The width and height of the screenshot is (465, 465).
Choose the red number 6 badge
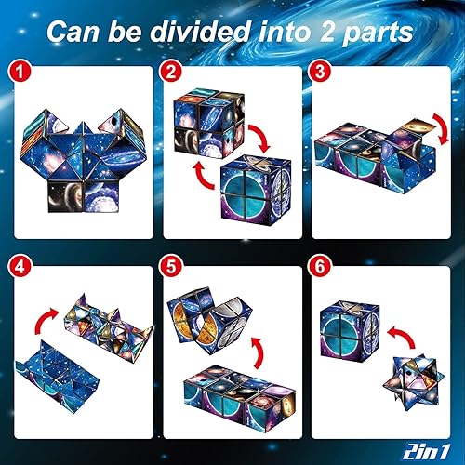322,276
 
